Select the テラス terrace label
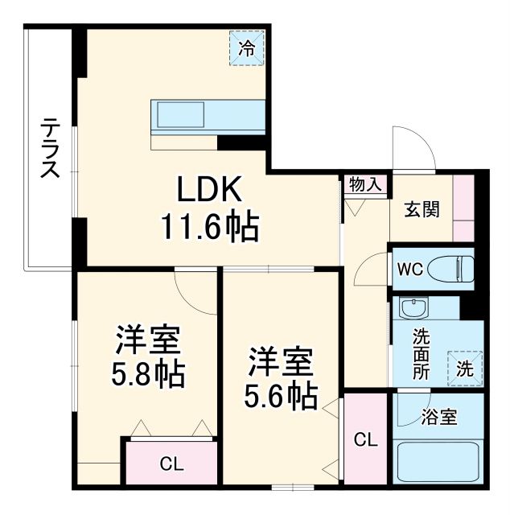pyautogui.click(x=50, y=150)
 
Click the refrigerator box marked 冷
pyautogui.click(x=247, y=46)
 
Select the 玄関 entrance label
pyautogui.click(x=421, y=211)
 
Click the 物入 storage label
pyautogui.click(x=364, y=184)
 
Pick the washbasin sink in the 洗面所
pyautogui.click(x=414, y=309)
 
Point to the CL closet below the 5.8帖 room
pyautogui.click(x=171, y=463)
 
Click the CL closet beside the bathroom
pyautogui.click(x=365, y=439)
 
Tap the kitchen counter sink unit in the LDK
pyautogui.click(x=207, y=114)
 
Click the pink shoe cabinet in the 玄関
pyautogui.click(x=463, y=207)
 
